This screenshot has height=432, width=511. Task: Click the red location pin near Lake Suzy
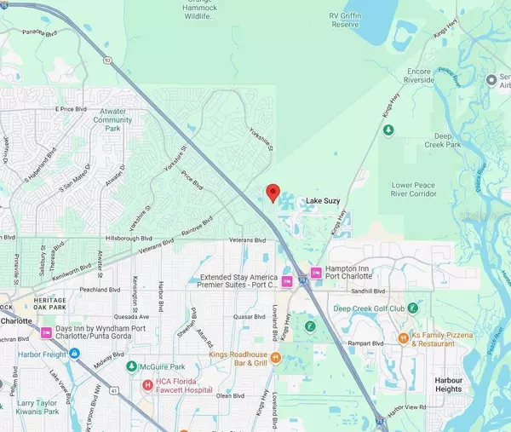pos(273,193)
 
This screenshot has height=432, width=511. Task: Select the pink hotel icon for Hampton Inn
pos(316,273)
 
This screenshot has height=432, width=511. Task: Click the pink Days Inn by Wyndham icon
pos(47,331)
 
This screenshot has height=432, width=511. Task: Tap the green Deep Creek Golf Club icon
pos(411,308)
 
